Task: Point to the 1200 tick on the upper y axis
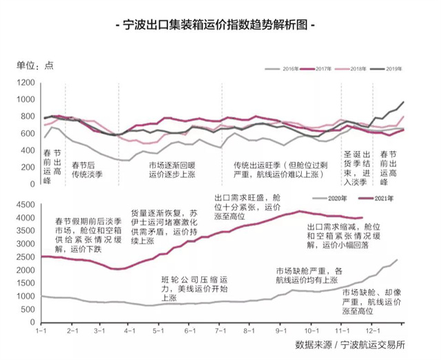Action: click(x=26, y=83)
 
